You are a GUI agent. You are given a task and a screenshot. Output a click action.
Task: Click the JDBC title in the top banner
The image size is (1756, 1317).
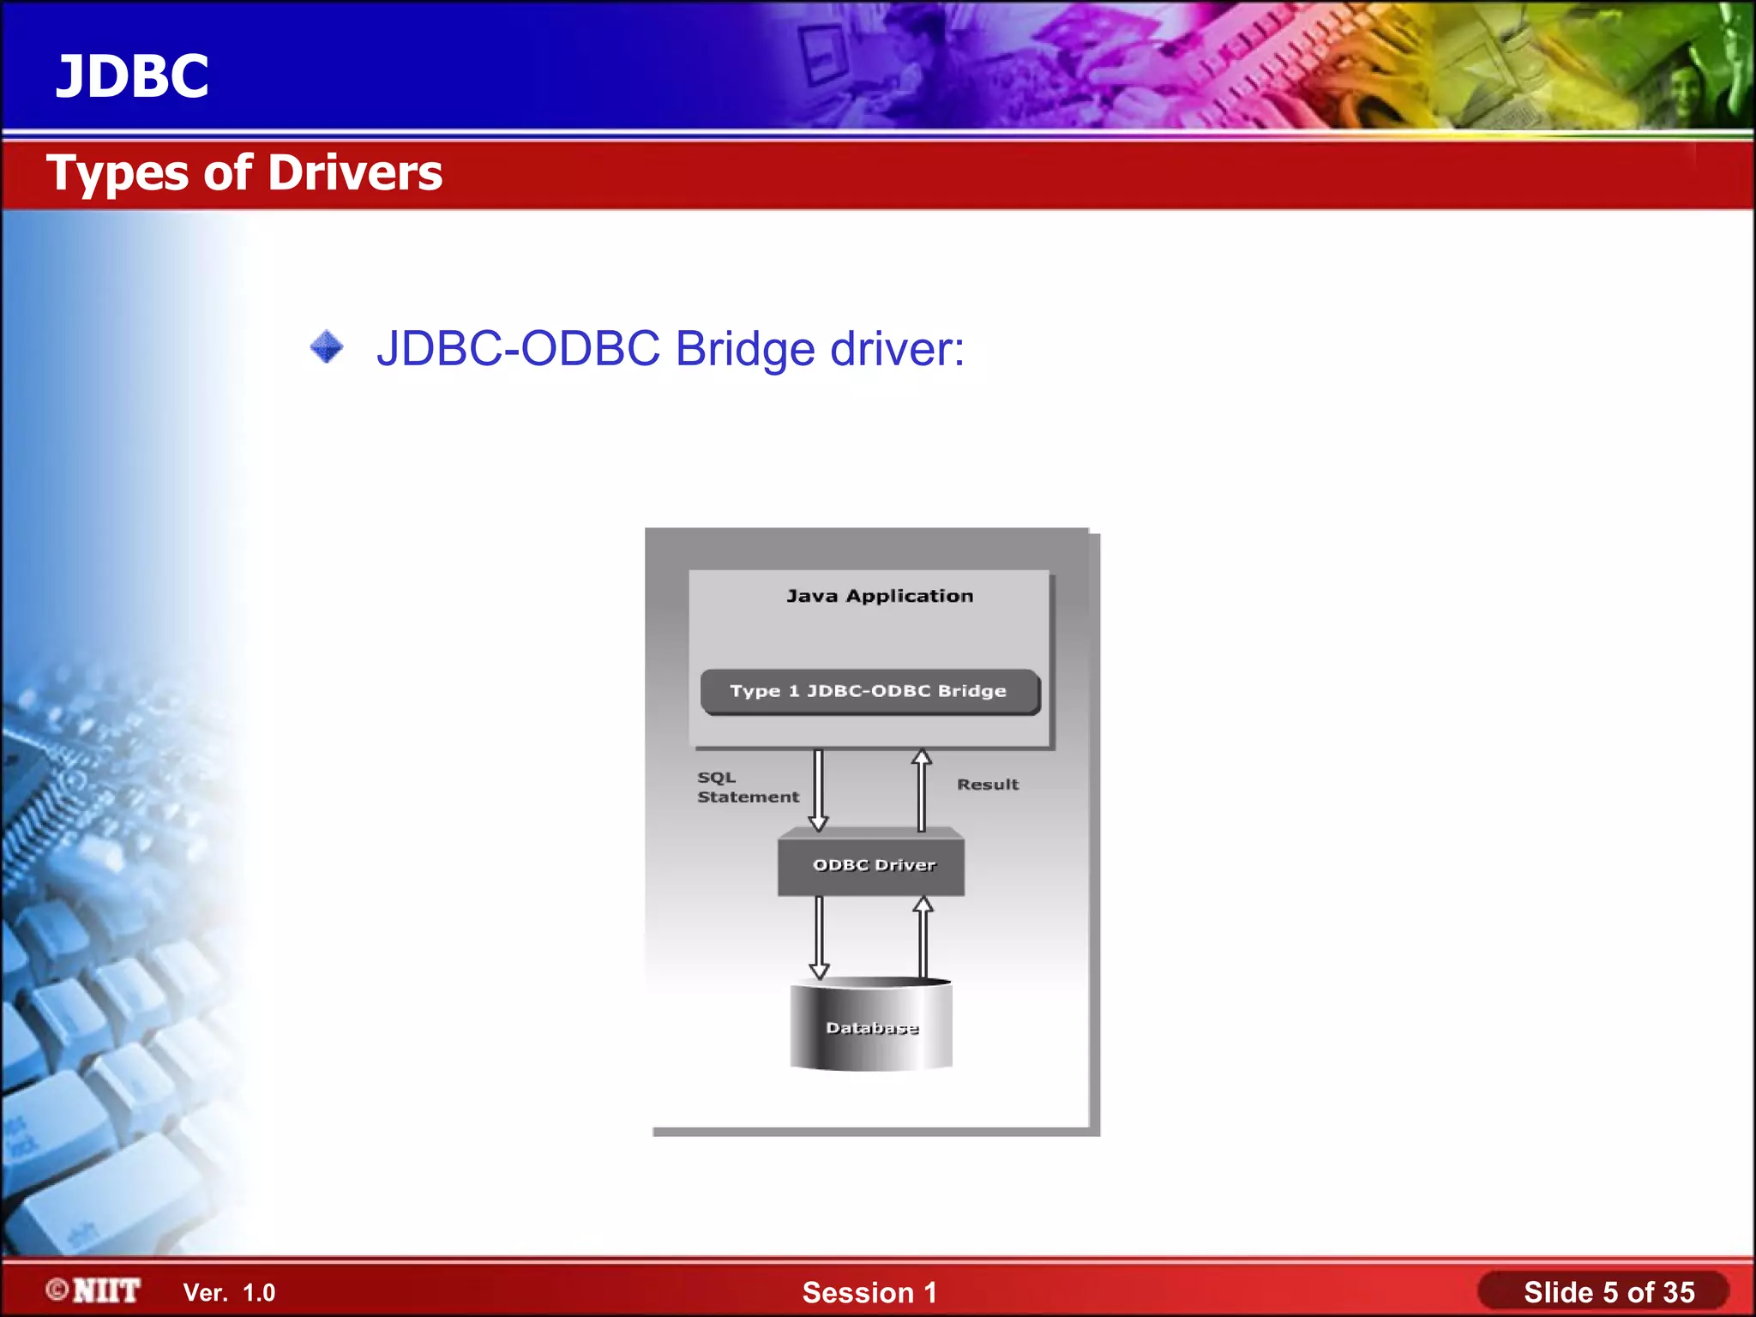coord(132,76)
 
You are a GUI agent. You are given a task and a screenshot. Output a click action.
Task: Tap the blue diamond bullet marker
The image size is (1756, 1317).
coord(327,347)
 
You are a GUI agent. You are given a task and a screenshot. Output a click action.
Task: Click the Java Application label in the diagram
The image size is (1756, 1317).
coord(880,596)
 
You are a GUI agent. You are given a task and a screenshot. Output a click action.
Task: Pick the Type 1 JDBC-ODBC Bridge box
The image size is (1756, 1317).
coord(869,691)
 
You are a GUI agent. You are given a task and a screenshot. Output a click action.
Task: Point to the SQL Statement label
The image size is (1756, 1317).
coord(746,787)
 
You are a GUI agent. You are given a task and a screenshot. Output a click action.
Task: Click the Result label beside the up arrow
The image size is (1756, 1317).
coord(988,785)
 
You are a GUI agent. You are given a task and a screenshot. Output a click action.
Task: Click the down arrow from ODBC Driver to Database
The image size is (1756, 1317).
coord(820,937)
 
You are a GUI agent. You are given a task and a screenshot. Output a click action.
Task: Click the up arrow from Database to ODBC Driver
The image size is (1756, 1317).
coord(923,937)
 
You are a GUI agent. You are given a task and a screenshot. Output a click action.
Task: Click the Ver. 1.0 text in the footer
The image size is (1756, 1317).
coord(229,1292)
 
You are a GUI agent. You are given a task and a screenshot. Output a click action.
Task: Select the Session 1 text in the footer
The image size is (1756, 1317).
coord(869,1292)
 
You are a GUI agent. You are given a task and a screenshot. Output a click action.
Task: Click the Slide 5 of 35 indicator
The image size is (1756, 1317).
coord(1609,1292)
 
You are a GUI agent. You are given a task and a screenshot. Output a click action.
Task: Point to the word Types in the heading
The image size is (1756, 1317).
coord(117,173)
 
